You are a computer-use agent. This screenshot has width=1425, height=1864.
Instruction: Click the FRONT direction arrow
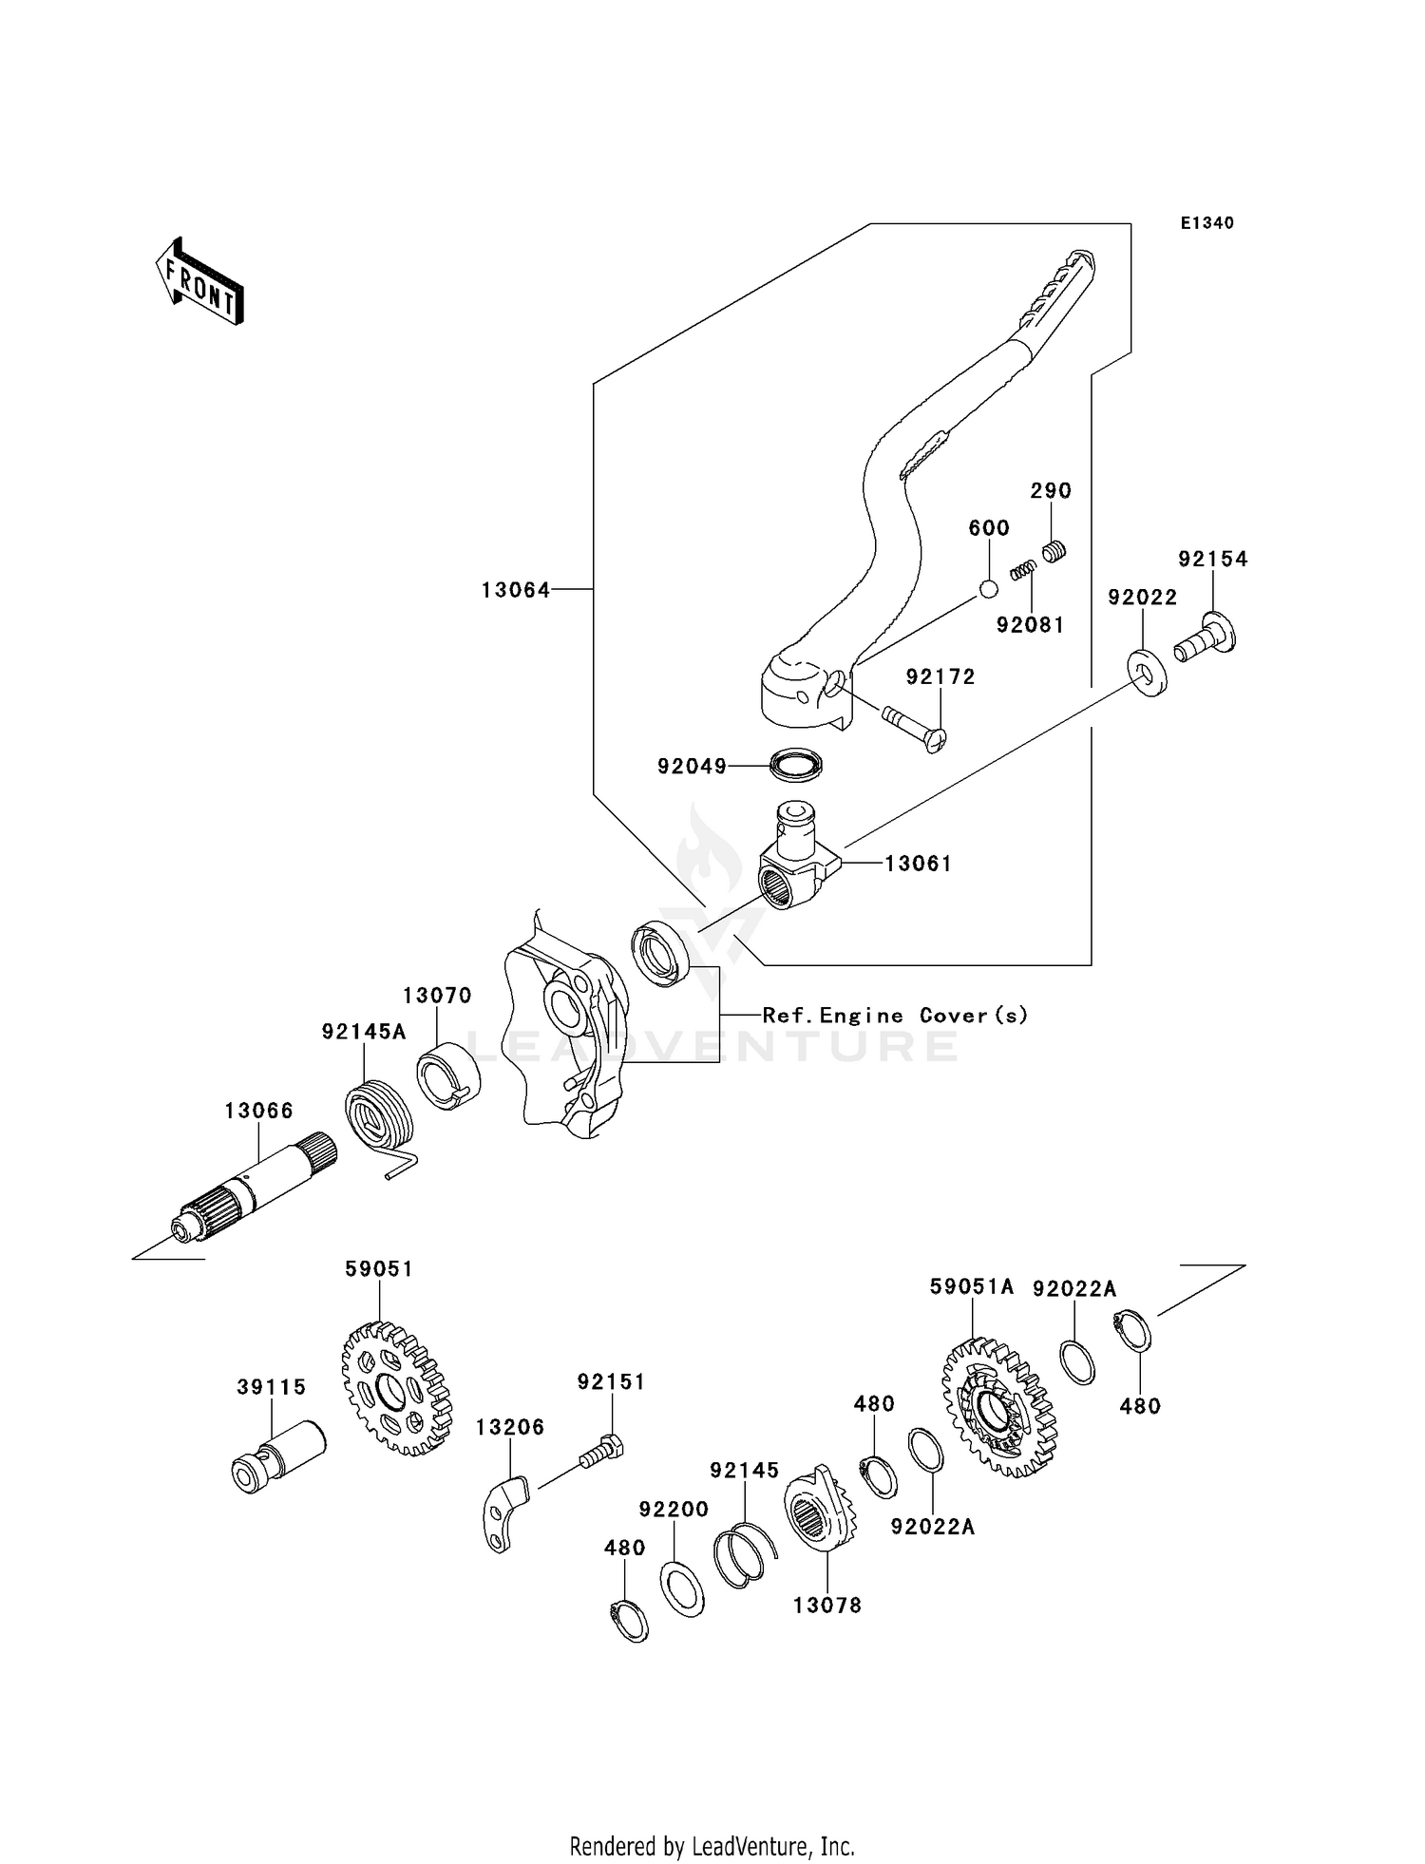199,282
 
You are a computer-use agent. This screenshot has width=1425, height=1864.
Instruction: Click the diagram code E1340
1206,223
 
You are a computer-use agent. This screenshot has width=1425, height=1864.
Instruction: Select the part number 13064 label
515,590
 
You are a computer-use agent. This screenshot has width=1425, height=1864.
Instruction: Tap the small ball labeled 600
988,589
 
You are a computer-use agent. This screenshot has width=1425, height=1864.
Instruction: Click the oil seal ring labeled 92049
795,765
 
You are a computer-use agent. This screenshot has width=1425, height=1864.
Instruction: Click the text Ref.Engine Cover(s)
895,1016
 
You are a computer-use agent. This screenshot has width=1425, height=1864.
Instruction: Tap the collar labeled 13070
448,1075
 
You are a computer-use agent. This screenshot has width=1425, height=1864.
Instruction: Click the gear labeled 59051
395,1389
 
